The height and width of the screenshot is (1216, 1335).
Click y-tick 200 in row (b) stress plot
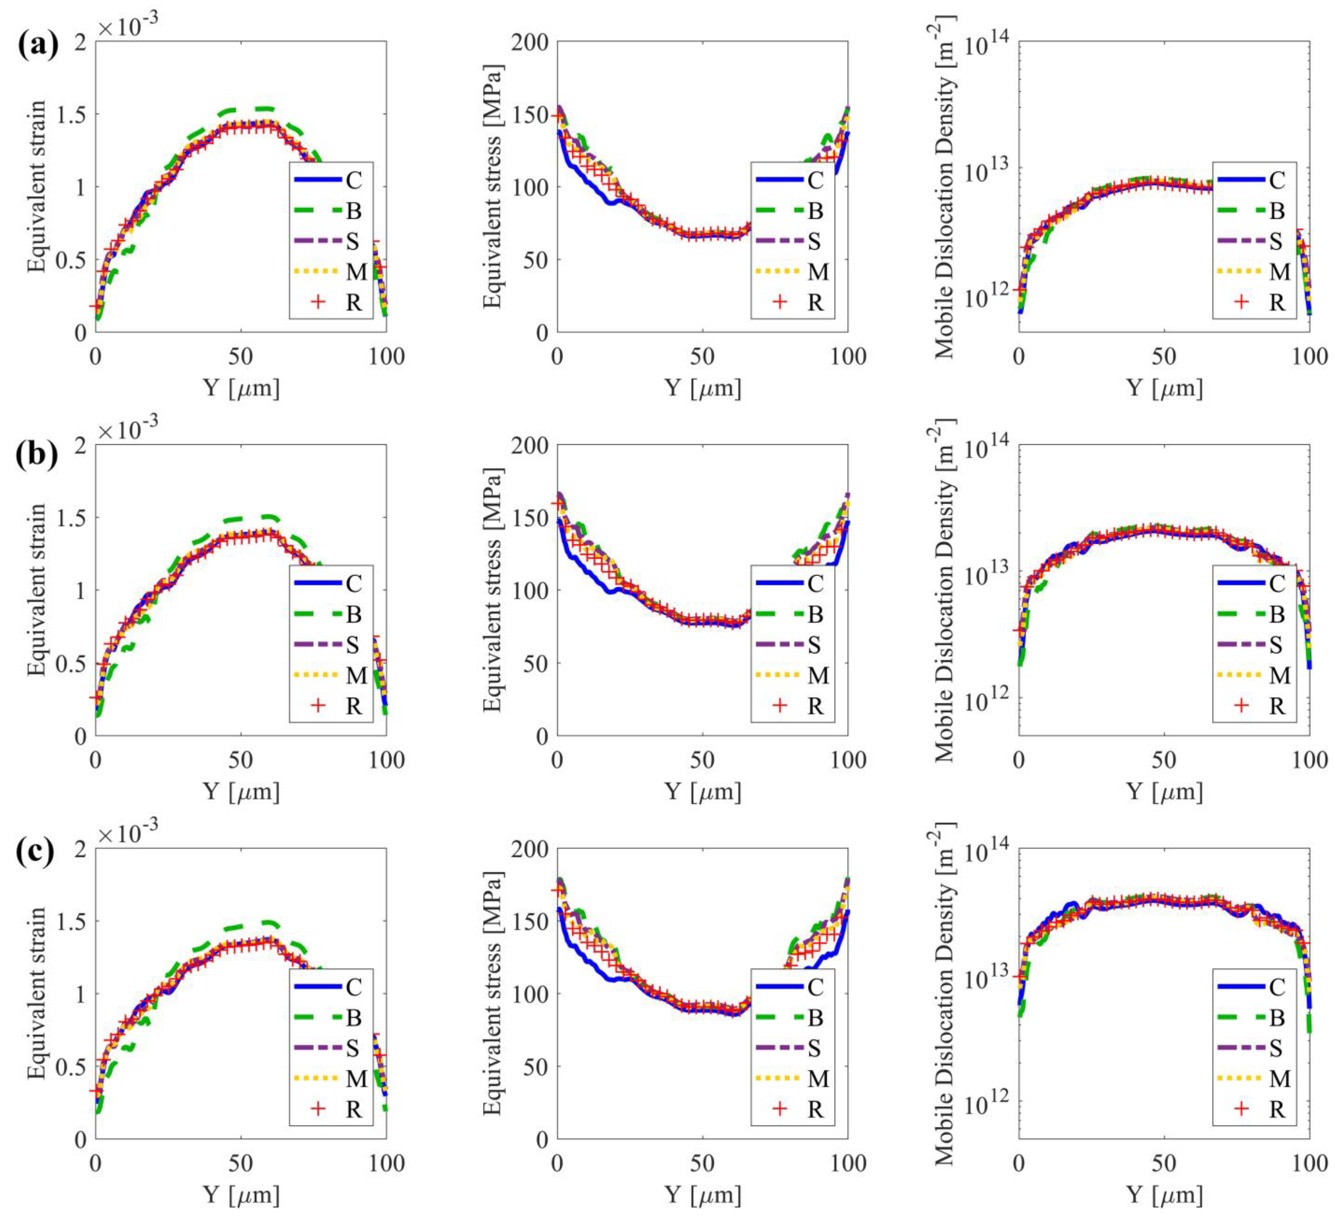pos(530,445)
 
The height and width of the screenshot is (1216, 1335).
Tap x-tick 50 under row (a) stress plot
pos(702,356)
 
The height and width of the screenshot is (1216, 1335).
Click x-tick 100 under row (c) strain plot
pos(386,1163)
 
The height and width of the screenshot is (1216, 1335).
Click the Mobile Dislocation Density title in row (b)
pos(945,590)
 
